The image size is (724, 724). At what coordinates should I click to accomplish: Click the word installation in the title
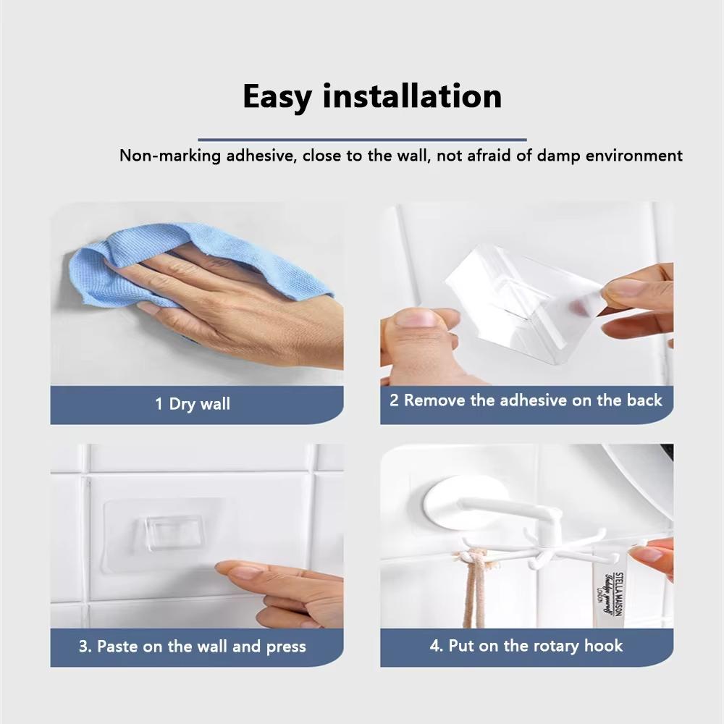coord(412,97)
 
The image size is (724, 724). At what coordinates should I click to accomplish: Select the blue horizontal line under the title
coord(362,139)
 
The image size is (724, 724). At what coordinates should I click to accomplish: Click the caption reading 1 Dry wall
coord(193,403)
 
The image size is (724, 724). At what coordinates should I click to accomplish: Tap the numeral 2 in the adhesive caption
coord(394,400)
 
